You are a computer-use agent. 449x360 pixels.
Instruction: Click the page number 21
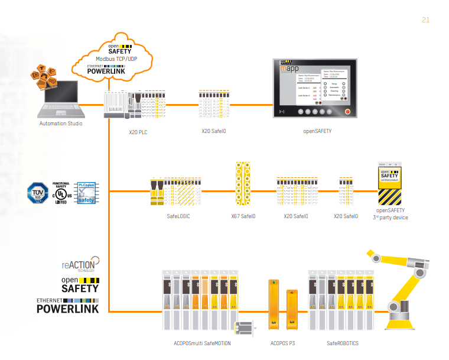425,20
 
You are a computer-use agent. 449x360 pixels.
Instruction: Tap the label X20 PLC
138,132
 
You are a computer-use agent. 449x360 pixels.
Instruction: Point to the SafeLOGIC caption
178,216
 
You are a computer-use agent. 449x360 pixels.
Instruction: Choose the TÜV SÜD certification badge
38,193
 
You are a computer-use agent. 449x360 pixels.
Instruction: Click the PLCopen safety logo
86,193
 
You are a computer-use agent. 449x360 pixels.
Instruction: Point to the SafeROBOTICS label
343,343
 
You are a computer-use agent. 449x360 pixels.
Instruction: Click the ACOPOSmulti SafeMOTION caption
202,343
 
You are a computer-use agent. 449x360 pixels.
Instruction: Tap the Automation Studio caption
61,124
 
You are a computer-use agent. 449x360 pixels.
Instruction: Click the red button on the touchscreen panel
347,111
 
